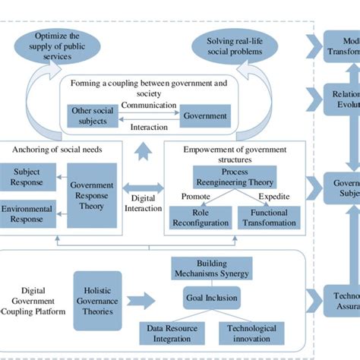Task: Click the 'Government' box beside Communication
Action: pyautogui.click(x=206, y=116)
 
